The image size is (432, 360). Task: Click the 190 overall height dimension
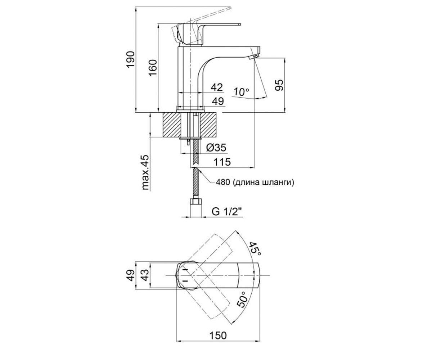click(131, 60)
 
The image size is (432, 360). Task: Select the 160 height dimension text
click(153, 68)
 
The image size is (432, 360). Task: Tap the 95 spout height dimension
click(279, 85)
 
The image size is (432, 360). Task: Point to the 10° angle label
click(241, 92)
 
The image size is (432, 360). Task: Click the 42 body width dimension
click(217, 87)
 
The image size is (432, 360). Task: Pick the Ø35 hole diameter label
click(216, 148)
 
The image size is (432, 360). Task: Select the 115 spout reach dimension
click(222, 162)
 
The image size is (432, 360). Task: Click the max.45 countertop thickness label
click(146, 172)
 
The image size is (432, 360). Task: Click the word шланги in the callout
click(276, 183)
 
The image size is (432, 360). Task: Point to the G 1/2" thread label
click(226, 211)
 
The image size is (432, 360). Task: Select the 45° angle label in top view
click(255, 249)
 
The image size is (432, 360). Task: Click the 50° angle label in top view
click(242, 300)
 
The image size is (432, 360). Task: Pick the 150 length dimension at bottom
click(218, 341)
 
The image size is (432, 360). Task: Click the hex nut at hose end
click(196, 202)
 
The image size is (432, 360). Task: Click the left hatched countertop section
click(172, 125)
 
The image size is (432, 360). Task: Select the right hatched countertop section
click(208, 125)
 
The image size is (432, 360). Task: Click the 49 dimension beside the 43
click(131, 275)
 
